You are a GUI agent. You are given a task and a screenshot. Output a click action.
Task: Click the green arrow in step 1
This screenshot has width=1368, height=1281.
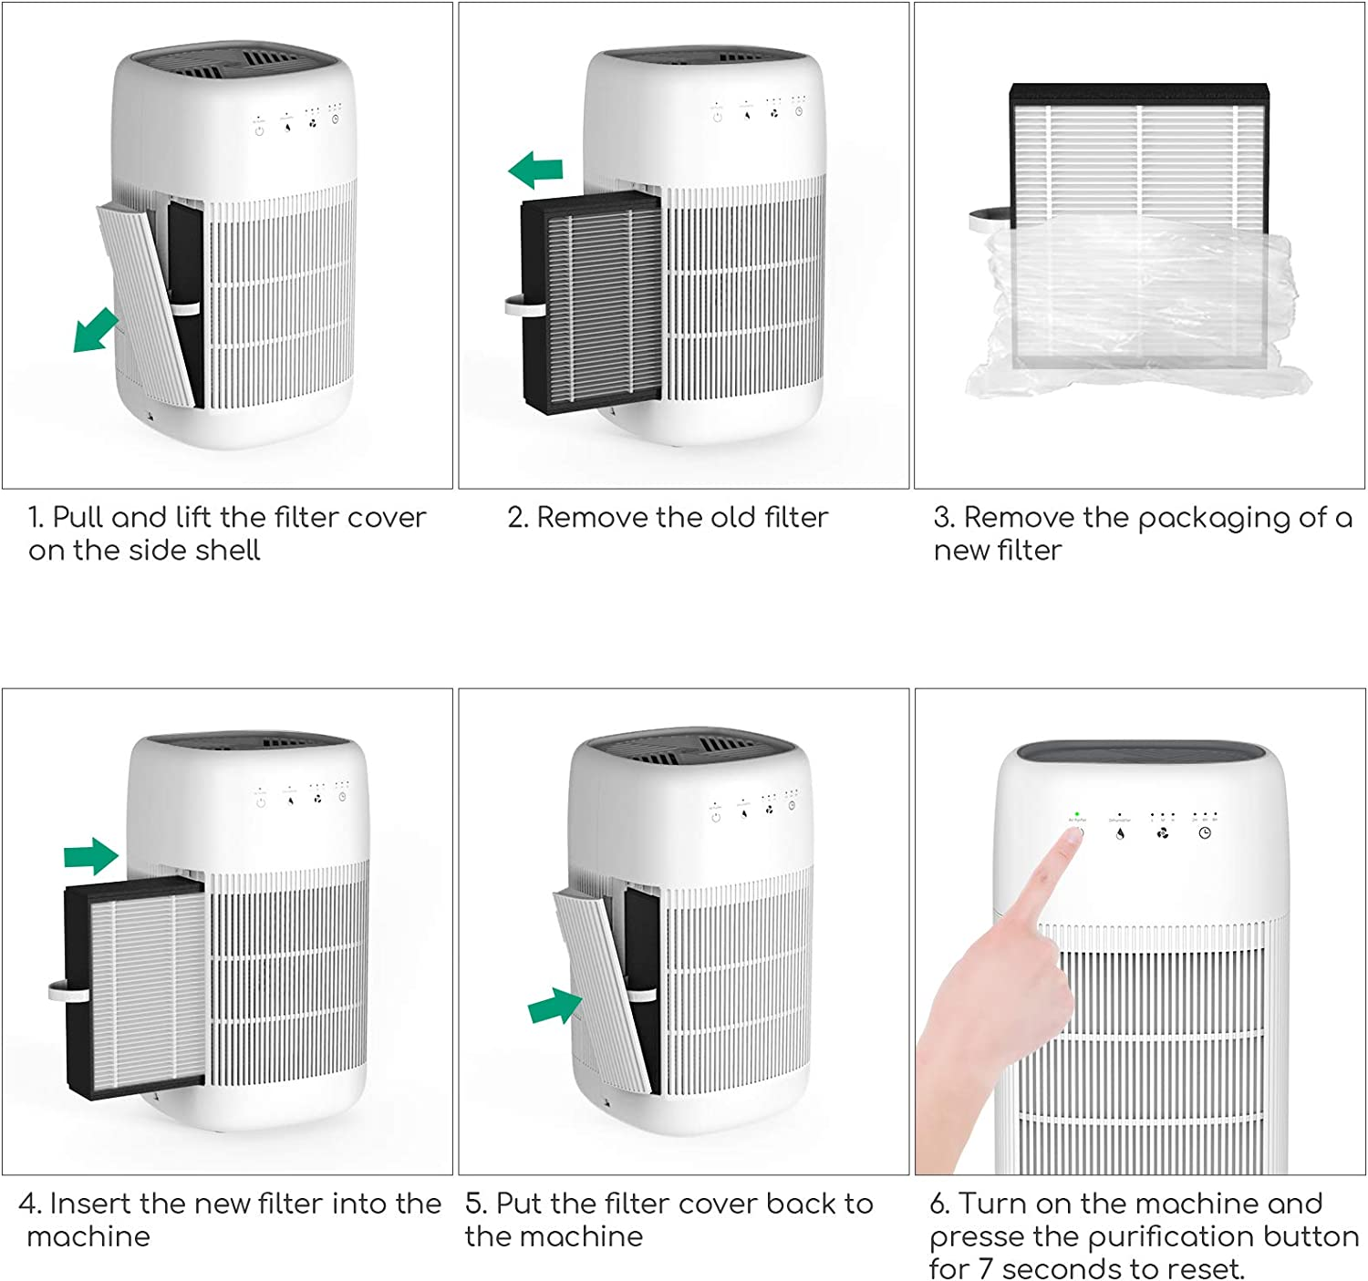[x=95, y=330]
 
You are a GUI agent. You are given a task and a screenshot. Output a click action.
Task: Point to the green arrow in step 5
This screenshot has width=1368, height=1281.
[x=554, y=1007]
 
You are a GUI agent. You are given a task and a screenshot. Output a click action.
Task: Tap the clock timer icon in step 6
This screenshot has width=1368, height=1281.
[x=1205, y=832]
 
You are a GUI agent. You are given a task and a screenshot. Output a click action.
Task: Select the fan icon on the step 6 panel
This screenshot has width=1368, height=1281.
[x=1162, y=832]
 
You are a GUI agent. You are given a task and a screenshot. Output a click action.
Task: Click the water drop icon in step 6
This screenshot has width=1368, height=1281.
[x=1120, y=833]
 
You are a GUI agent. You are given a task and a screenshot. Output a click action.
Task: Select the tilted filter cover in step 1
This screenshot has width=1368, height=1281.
[x=148, y=301]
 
